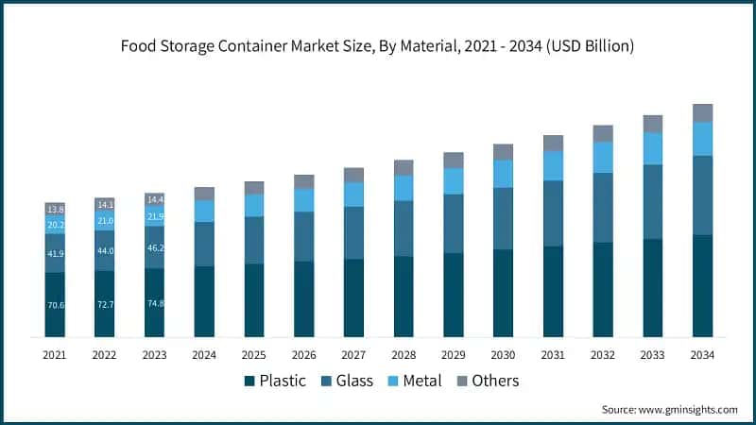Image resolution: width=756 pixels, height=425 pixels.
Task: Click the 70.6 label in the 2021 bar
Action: (56, 306)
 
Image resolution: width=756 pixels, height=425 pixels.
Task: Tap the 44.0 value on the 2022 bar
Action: (105, 251)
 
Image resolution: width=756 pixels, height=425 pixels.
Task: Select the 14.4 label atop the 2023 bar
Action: (155, 200)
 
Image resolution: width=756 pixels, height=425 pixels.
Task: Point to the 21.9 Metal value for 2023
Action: (155, 217)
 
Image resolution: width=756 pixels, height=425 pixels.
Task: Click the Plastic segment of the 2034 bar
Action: (702, 285)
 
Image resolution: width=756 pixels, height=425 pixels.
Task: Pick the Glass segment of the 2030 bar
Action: (503, 218)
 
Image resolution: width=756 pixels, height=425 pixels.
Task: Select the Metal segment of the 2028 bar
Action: (404, 188)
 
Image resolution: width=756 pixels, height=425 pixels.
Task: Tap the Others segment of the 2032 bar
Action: (603, 133)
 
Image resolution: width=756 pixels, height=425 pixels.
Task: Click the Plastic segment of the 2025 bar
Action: (254, 299)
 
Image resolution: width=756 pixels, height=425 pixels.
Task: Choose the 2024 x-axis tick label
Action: (204, 355)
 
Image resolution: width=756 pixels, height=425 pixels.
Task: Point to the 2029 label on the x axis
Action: (454, 355)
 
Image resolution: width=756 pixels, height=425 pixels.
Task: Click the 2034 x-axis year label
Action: (702, 355)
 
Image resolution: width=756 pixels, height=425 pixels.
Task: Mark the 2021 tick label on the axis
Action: (56, 355)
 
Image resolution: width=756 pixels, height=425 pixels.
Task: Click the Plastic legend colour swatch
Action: (249, 381)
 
